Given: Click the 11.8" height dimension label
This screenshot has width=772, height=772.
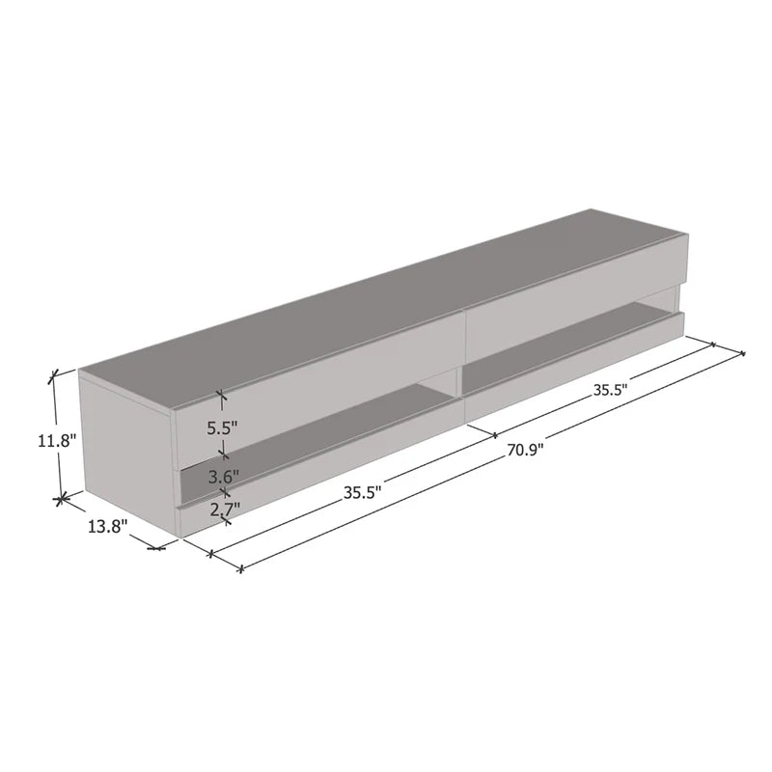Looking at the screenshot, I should (x=56, y=441).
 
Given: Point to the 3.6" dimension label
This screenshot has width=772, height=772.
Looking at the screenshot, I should (x=224, y=477).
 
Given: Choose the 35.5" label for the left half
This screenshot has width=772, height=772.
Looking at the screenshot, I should (x=362, y=491).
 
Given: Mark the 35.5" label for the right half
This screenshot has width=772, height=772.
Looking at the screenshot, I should (x=610, y=391).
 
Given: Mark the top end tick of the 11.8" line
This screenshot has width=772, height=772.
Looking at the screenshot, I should (x=55, y=372).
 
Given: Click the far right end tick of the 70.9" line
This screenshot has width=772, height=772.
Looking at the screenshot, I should (x=742, y=353).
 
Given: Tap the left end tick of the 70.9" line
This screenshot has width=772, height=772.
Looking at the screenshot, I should (x=240, y=567).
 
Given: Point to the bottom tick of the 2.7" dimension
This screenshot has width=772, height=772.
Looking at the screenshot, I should (x=226, y=521).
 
